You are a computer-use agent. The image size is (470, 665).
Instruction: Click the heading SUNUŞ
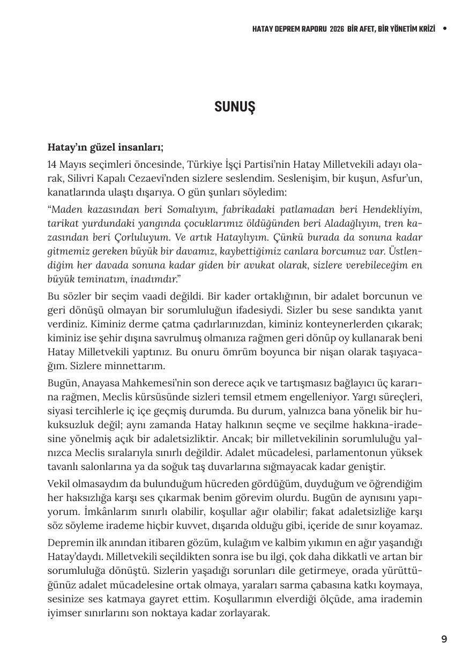click(x=235, y=107)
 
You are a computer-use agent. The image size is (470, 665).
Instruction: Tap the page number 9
click(x=444, y=639)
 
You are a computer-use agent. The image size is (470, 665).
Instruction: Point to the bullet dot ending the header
click(x=445, y=29)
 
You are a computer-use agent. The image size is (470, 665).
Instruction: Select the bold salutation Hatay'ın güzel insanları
click(x=106, y=147)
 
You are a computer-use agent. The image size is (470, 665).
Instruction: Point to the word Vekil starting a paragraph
click(x=59, y=484)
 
